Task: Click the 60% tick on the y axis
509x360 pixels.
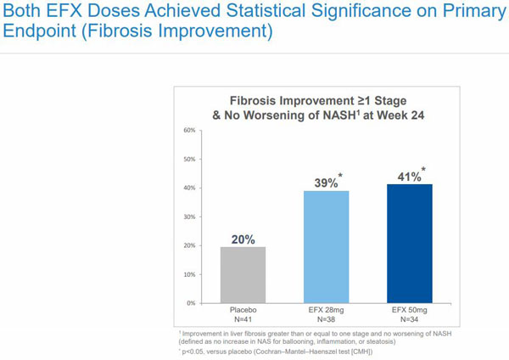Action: [188, 131]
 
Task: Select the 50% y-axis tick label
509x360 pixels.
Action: [188, 160]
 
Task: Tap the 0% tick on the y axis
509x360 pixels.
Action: [190, 303]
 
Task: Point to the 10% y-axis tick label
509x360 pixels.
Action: [188, 274]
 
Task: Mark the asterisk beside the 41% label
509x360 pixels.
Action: [423, 169]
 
